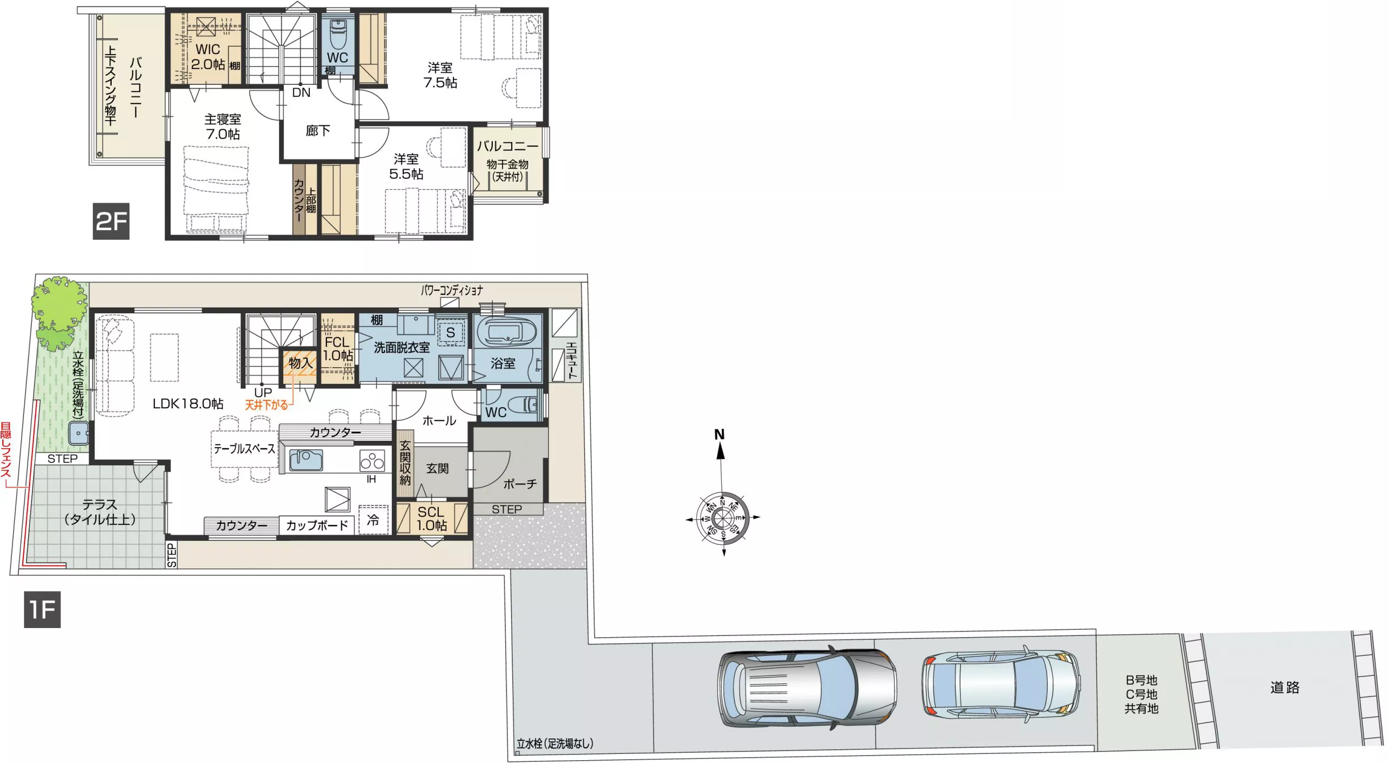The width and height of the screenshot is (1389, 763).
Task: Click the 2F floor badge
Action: point(111,221)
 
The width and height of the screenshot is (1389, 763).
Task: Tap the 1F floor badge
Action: point(42,610)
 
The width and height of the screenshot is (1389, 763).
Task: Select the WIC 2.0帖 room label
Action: point(207,57)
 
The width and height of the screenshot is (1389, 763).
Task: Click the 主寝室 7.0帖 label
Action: point(223,126)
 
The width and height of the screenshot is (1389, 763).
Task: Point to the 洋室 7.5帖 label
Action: point(440,75)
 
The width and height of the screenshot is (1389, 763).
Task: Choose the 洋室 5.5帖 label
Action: point(406,166)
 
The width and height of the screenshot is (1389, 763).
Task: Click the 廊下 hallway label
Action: point(318,131)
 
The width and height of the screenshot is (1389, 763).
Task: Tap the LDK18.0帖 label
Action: point(188,404)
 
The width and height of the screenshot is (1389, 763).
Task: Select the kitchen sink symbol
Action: point(306,460)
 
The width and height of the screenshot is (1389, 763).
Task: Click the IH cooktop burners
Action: point(372,461)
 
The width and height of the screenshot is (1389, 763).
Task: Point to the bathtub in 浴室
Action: point(506,331)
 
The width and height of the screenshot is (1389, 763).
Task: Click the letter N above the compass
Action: point(720,434)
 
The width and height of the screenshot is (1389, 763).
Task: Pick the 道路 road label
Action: point(1285,687)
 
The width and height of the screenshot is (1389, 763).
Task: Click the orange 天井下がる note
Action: point(267,405)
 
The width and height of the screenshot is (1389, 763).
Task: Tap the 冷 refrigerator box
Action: point(373,519)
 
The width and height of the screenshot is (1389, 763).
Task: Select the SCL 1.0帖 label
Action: point(432,519)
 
